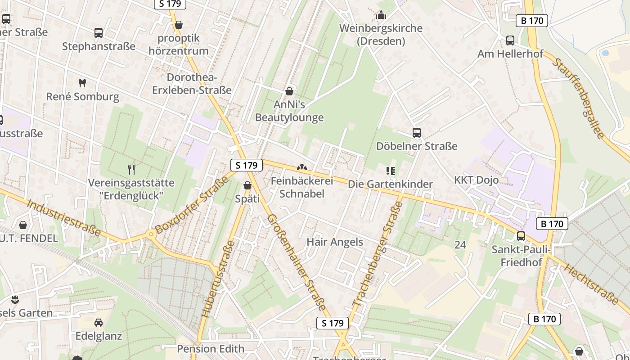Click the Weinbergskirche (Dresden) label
pyautogui.click(x=381, y=35)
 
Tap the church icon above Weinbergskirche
pyautogui.click(x=381, y=16)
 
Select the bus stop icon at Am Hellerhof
pyautogui.click(x=510, y=40)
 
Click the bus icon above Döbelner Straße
pyautogui.click(x=417, y=133)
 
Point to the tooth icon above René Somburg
pyautogui.click(x=82, y=83)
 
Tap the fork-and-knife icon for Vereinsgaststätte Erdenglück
pyautogui.click(x=131, y=170)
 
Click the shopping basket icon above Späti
pyautogui.click(x=247, y=185)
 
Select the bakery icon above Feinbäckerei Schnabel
pyautogui.click(x=301, y=168)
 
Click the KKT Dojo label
pyautogui.click(x=476, y=180)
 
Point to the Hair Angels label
pyautogui.click(x=334, y=242)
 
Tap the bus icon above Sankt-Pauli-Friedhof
pyautogui.click(x=521, y=236)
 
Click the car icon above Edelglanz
pyautogui.click(x=99, y=323)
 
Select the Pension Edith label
pyautogui.click(x=211, y=349)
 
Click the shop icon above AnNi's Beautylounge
pyautogui.click(x=289, y=91)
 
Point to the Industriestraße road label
pyautogui.click(x=63, y=217)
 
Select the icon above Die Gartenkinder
pyautogui.click(x=390, y=171)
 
